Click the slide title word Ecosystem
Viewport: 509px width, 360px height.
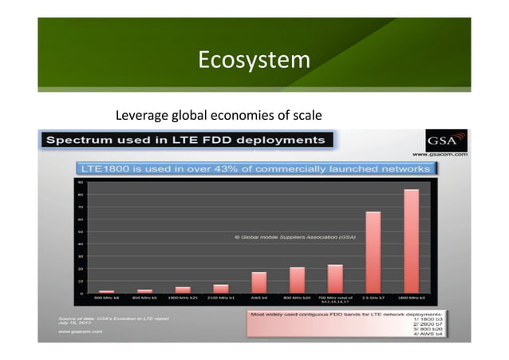coord(254,60)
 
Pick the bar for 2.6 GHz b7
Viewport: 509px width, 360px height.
coord(373,252)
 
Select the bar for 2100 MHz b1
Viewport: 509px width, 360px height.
coord(221,288)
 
